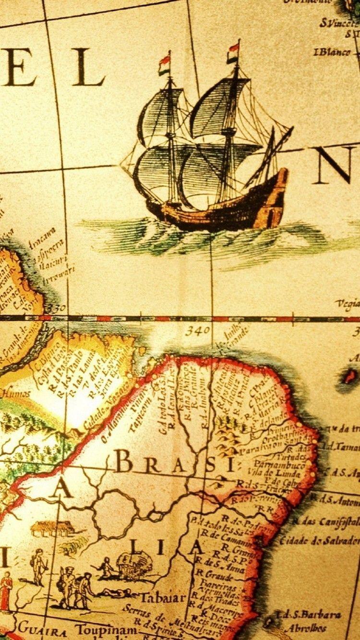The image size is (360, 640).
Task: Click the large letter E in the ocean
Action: [19, 67]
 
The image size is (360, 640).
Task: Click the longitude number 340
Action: [198, 331]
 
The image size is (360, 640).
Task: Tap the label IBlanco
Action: [332, 52]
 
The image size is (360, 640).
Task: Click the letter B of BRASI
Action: [123, 463]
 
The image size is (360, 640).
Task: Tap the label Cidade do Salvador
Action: [319, 540]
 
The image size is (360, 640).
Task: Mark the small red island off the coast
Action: [350, 376]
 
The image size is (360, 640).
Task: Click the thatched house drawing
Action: [53, 528]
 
